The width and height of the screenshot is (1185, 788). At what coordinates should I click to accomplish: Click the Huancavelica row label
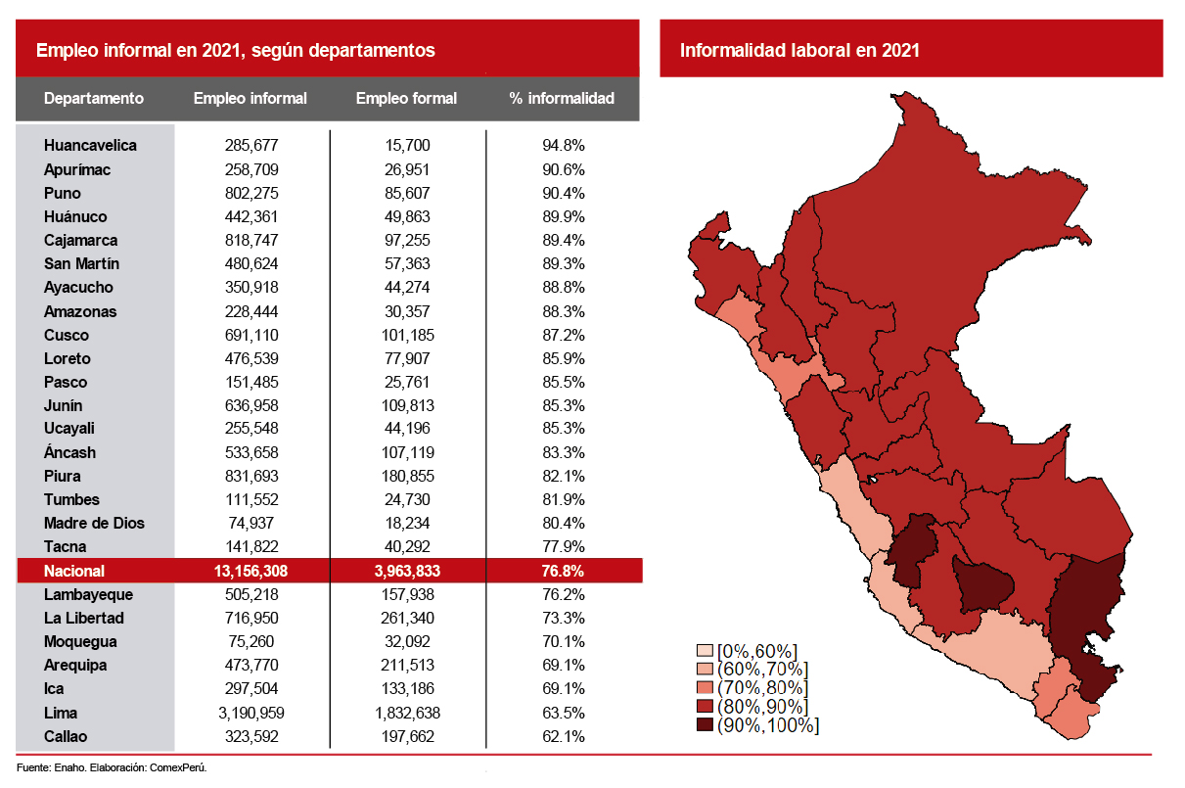pos(90,146)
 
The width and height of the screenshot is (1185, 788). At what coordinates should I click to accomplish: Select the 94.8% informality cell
pos(563,146)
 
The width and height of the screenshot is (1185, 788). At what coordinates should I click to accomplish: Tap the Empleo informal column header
pos(250,98)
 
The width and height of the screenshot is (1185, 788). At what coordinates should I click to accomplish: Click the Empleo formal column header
pos(406,98)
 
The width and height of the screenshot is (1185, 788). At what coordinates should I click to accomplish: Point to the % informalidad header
pos(562,98)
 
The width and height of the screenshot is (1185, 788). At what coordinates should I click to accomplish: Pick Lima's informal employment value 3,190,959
pos(250,713)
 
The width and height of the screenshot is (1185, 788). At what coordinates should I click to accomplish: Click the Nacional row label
pos(74,571)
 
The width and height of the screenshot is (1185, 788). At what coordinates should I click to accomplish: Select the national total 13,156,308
pos(250,571)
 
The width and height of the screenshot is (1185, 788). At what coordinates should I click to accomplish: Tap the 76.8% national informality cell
pos(563,571)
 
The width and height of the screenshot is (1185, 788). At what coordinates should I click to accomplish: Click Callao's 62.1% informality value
pos(563,736)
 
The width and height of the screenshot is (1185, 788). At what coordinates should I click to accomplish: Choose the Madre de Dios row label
pos(94,523)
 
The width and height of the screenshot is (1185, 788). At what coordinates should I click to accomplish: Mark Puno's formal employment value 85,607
pos(406,193)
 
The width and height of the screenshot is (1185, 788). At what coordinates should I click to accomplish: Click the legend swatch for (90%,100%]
pos(705,725)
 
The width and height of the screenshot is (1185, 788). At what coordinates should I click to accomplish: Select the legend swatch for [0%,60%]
pos(705,651)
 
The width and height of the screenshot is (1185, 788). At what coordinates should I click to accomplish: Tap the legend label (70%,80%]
pos(762,688)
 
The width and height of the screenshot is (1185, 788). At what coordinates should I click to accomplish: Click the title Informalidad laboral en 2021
pos(799,50)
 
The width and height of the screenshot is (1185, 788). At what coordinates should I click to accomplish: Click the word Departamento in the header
pos(94,98)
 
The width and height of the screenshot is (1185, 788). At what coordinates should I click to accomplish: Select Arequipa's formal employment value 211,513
pos(406,666)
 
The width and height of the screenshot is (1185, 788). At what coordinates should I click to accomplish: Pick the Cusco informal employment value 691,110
pos(250,335)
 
